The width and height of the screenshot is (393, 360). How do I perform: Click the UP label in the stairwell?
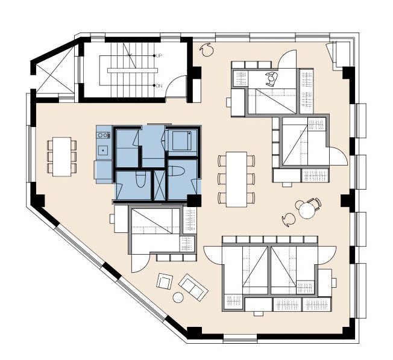[x=159, y=55]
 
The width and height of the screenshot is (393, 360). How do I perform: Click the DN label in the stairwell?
[x=159, y=86]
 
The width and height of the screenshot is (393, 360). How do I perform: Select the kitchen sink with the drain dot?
[x=102, y=151]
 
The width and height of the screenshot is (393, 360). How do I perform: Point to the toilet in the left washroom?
[x=140, y=179]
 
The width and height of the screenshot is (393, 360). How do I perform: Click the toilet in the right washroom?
[x=177, y=171]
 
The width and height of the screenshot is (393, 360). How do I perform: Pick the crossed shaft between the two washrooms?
[x=159, y=185]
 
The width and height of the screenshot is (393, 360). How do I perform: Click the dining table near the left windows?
[x=61, y=157]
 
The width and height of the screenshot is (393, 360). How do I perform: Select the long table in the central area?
[x=237, y=179]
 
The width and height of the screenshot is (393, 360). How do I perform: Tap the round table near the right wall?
[x=307, y=210]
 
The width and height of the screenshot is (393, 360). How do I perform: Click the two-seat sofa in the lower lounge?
[x=193, y=287]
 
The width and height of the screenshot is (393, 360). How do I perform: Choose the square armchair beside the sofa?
[x=165, y=281]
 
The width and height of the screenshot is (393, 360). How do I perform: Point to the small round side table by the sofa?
[x=178, y=297]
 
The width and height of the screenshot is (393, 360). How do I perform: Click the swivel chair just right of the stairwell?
[x=207, y=49]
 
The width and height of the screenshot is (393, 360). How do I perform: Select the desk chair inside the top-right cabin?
[x=271, y=79]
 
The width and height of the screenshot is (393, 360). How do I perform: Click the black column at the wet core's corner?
[x=194, y=200]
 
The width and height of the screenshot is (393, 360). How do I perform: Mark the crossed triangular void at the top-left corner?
[x=55, y=72]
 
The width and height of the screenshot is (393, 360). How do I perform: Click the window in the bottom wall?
[x=240, y=338]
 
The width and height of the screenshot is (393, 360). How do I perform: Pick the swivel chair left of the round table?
[x=289, y=220]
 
